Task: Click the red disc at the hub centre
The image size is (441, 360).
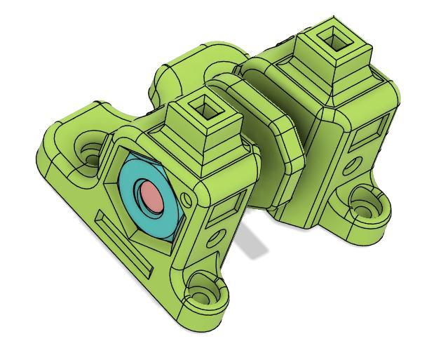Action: pos(150,196)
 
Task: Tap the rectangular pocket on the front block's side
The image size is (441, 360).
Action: pos(229,207)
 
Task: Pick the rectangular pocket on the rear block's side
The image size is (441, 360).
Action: pos(372,130)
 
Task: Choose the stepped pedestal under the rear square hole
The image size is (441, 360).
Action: pos(344,70)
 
